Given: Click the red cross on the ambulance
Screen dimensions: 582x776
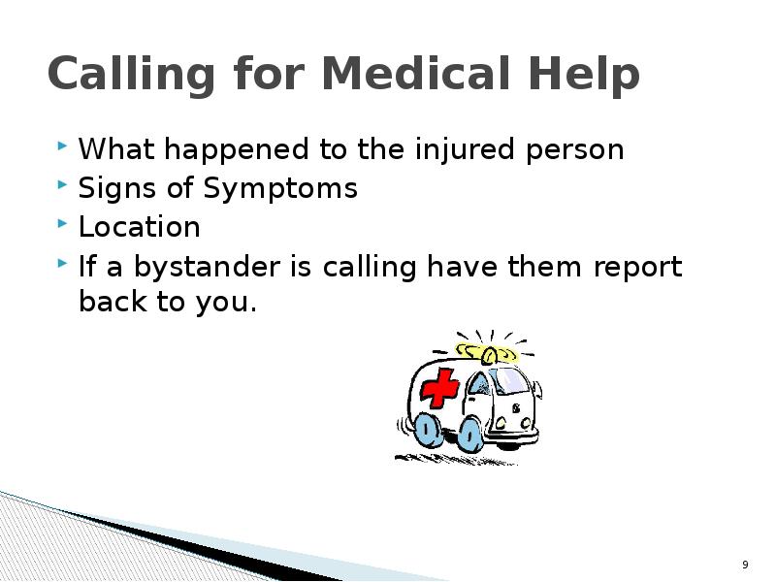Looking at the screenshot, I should coord(440,387).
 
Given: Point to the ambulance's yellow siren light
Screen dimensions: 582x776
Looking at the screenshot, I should coord(487,352).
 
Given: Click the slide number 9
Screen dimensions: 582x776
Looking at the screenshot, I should coord(745,566).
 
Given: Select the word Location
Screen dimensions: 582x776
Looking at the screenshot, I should coord(139,227).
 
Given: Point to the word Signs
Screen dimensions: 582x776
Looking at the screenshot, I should coord(110,188).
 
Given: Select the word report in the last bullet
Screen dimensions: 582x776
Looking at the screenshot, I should coord(634,267).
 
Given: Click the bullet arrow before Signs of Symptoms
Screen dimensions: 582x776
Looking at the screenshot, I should coord(63,185).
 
